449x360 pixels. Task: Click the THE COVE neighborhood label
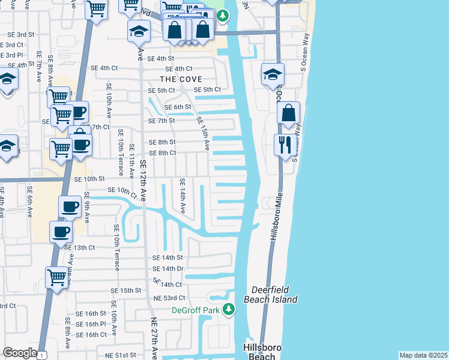coord(180,79)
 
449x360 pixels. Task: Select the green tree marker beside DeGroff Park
coord(228,310)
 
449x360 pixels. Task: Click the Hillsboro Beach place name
coord(259,352)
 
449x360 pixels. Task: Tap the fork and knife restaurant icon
coord(283,144)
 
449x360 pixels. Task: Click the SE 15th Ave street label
coord(203,133)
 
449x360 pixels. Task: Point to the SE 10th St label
coord(89,179)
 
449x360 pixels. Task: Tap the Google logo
coord(20,353)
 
